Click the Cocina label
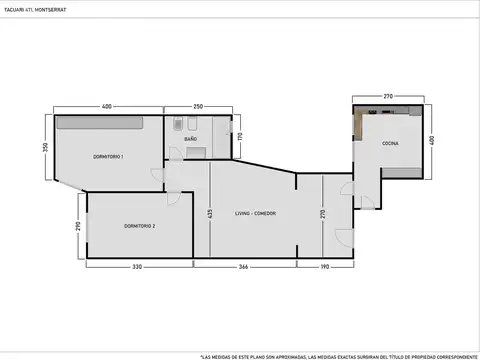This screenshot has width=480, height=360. point(389,144)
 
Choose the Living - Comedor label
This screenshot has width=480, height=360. point(255,214)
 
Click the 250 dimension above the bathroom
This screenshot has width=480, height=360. point(198,107)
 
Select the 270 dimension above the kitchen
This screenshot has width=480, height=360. point(387,96)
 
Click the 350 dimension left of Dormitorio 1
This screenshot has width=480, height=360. point(45,146)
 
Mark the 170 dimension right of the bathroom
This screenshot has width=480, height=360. point(240,136)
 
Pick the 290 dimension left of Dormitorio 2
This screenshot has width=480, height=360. point(77,227)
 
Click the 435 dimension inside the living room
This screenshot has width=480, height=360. point(210,214)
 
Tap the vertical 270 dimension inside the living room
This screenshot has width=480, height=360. point(322,214)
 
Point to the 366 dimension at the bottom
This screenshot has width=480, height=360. point(243,267)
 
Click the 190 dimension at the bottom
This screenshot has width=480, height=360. point(327,267)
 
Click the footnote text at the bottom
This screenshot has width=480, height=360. point(338,355)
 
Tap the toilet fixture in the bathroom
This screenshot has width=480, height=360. point(177,126)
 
